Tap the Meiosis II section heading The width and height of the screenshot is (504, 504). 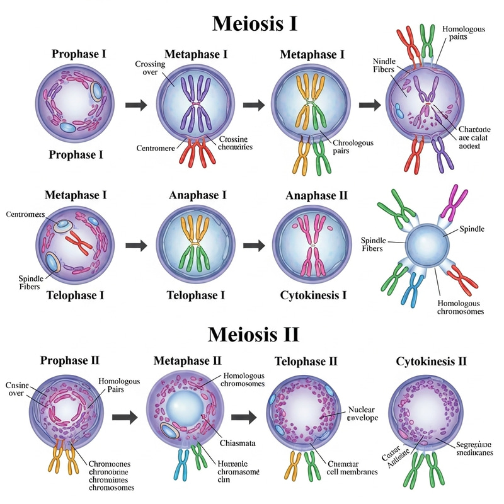(253, 333)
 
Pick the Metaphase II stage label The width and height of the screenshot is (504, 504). (188, 361)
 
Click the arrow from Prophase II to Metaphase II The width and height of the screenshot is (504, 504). (125, 416)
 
